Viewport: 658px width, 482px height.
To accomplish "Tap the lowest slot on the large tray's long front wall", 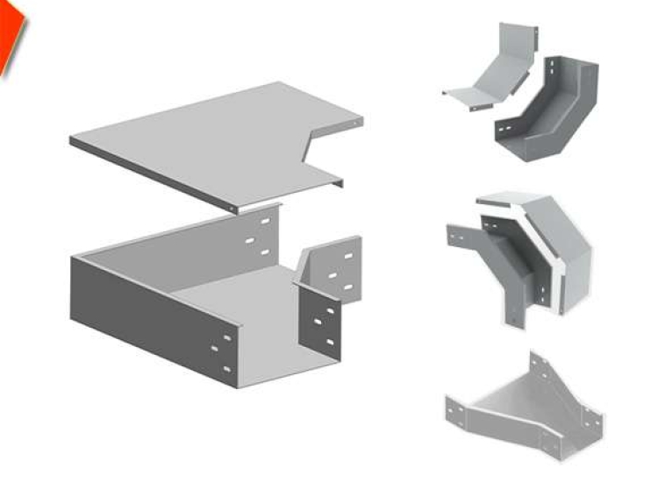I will [226, 369].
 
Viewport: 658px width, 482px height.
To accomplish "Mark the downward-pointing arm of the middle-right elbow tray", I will [518, 298].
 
